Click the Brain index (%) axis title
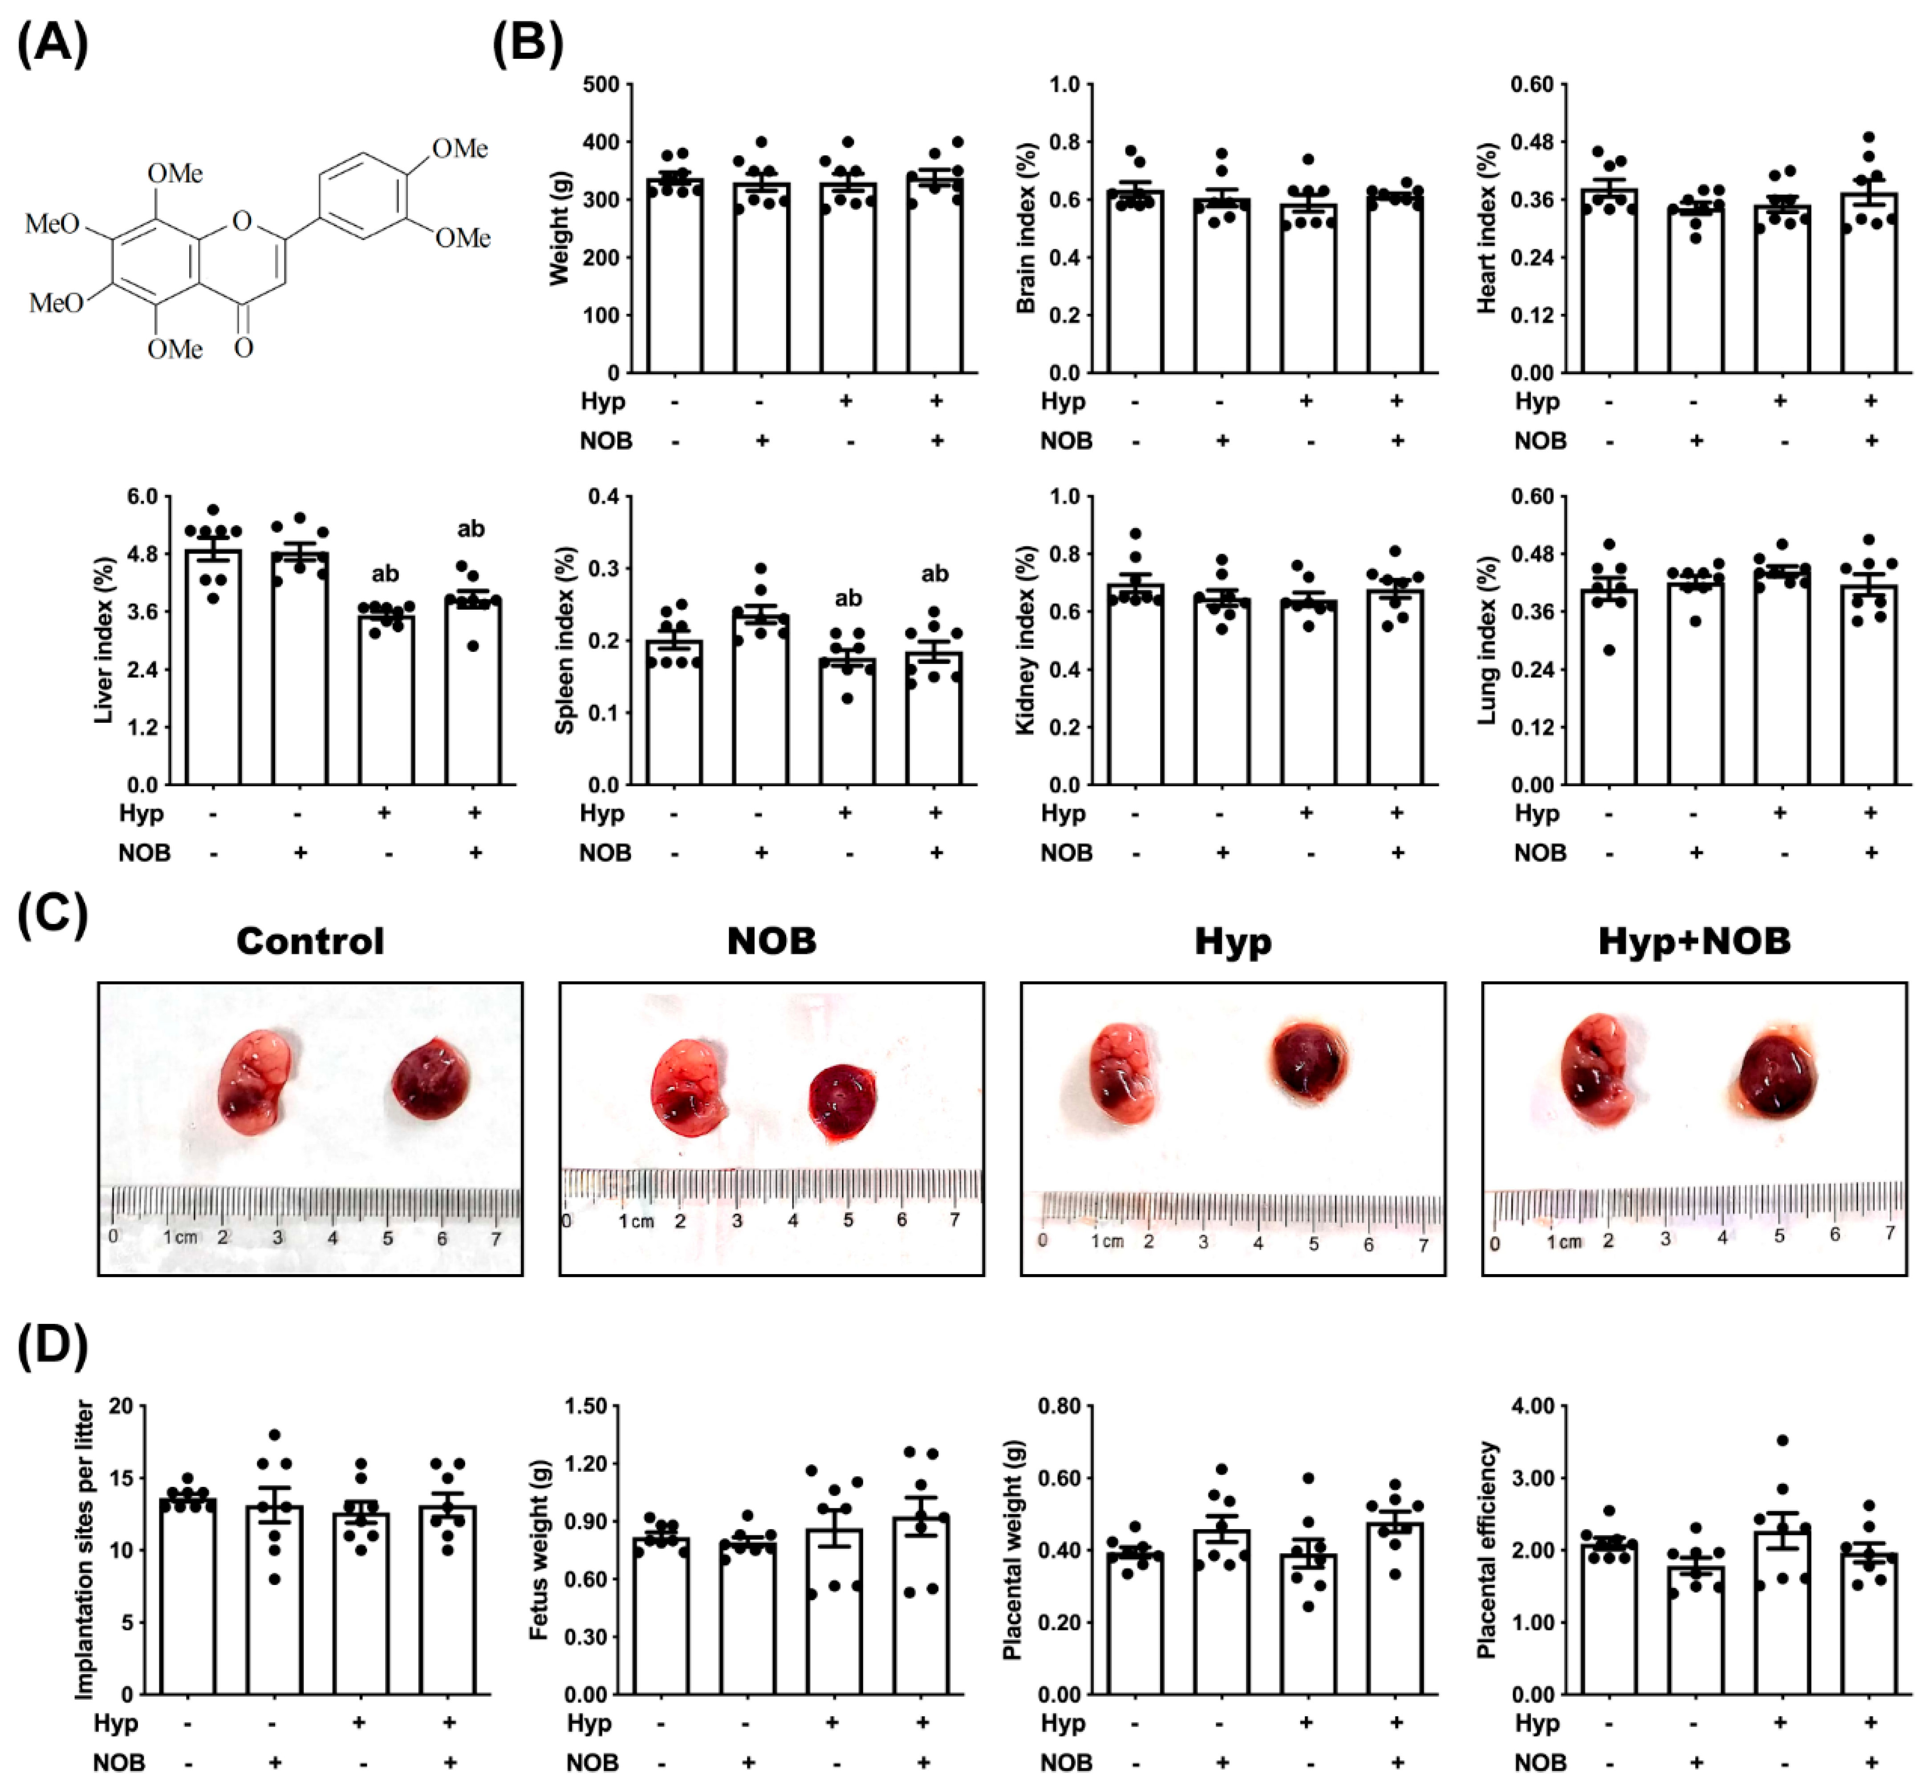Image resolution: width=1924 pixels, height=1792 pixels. pos(1026,228)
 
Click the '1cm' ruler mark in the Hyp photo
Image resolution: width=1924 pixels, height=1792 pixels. pos(1107,1241)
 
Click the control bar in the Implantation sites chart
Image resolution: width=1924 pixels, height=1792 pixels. pos(188,1597)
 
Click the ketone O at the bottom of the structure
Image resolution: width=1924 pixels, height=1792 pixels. pos(244,346)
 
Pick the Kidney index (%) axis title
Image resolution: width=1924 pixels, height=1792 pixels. pos(1026,640)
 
